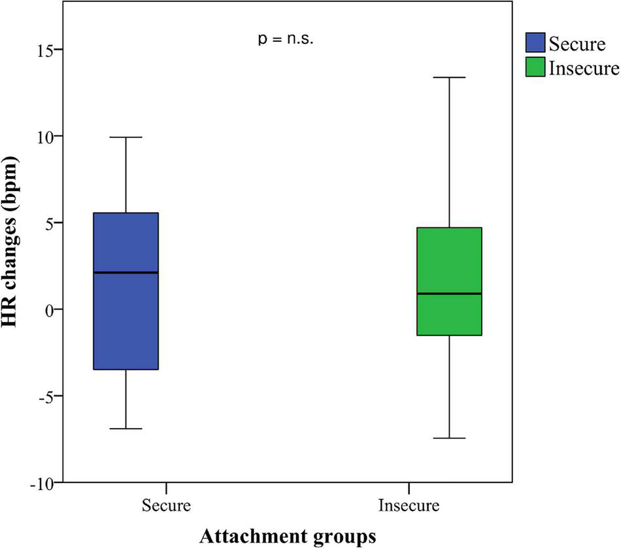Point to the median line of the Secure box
click(126, 272)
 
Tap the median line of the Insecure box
click(449, 294)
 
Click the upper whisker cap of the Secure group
click(126, 137)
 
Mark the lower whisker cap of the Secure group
click(126, 429)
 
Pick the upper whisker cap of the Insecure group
click(449, 77)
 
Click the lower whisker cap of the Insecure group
click(449, 438)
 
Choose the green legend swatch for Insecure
click(536, 68)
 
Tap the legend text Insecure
click(583, 68)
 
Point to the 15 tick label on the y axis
click(45, 50)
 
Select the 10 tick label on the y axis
click(45, 136)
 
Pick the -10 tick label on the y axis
click(42, 482)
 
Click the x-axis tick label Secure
click(165, 506)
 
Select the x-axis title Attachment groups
click(288, 535)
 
